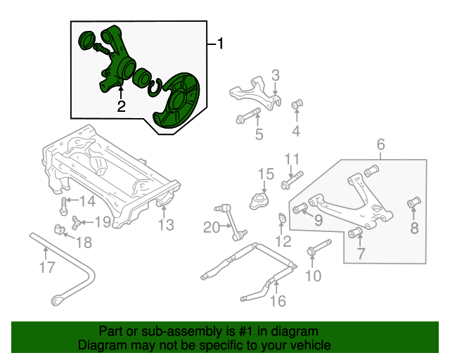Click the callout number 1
tap(220, 44)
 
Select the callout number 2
tap(121, 107)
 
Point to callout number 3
tap(276, 75)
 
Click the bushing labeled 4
tap(296, 105)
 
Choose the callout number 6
tap(380, 146)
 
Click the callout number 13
tap(165, 225)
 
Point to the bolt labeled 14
tap(64, 207)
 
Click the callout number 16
tap(278, 302)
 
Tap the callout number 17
tap(46, 267)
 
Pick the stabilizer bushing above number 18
tap(60, 230)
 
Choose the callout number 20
tap(212, 226)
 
